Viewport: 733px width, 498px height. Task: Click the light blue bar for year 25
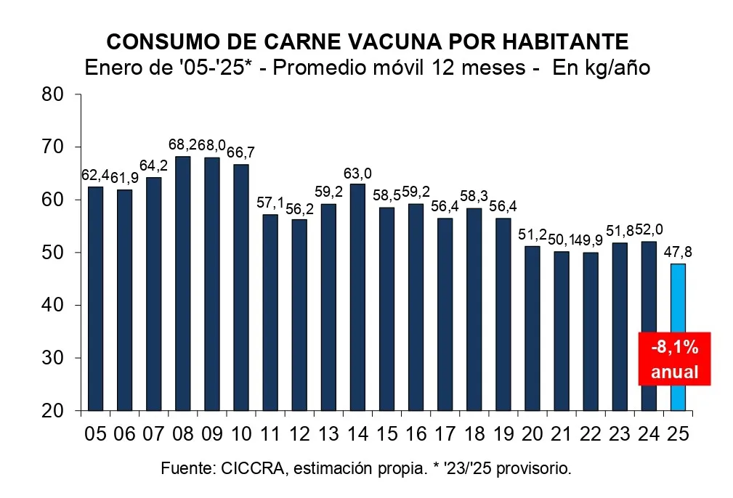(x=677, y=337)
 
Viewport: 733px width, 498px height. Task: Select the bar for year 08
(x=182, y=283)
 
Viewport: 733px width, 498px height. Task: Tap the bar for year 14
(x=357, y=297)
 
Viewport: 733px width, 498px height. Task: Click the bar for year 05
(x=95, y=298)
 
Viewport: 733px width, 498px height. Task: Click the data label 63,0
(x=357, y=173)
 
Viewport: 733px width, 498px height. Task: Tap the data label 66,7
(x=240, y=153)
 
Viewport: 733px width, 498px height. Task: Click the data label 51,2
(x=532, y=234)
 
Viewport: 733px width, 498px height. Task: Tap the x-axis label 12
(x=299, y=433)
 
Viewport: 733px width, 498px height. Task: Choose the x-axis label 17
(x=445, y=433)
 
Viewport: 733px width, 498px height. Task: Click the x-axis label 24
(x=648, y=433)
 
